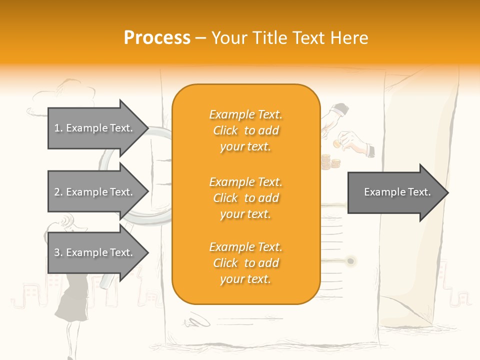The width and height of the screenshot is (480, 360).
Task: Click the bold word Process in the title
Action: (157, 37)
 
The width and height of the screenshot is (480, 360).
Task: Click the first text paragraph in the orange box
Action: (245, 130)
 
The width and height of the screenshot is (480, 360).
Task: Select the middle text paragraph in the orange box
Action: (245, 198)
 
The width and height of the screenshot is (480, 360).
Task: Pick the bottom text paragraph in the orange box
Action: (245, 263)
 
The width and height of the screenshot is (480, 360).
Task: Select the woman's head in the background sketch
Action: (67, 222)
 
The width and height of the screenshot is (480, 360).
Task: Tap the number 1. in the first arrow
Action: (58, 128)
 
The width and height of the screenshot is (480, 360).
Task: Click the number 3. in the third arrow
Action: (58, 252)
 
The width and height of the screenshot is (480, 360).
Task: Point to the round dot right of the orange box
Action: (350, 261)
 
